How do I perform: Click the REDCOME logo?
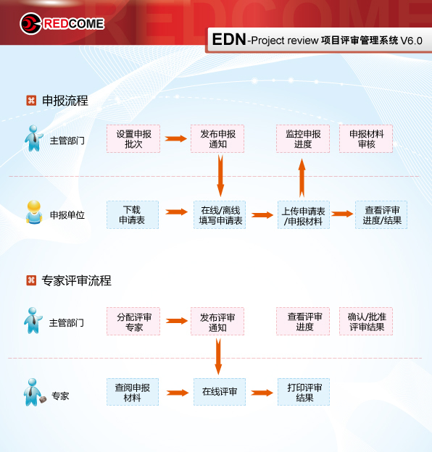click(62, 24)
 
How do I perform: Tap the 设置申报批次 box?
click(133, 138)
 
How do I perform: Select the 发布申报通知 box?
click(217, 138)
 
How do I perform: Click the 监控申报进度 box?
click(303, 138)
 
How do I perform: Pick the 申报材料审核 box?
click(366, 138)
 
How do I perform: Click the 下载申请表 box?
click(133, 214)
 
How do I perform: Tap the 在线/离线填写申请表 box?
click(220, 214)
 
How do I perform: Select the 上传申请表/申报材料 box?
click(304, 214)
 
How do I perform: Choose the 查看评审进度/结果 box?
click(381, 214)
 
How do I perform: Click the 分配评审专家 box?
click(133, 321)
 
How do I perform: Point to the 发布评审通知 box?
click(217, 321)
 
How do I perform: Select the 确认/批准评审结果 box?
click(366, 321)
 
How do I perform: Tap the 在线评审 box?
click(220, 392)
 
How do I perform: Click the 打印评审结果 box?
click(304, 392)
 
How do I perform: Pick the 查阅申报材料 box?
click(133, 392)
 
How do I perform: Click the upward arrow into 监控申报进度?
click(302, 178)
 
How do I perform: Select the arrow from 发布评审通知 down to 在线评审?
click(218, 356)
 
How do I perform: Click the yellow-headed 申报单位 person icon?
click(34, 212)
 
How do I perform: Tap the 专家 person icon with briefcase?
click(34, 392)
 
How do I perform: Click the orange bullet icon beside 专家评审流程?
click(31, 280)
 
